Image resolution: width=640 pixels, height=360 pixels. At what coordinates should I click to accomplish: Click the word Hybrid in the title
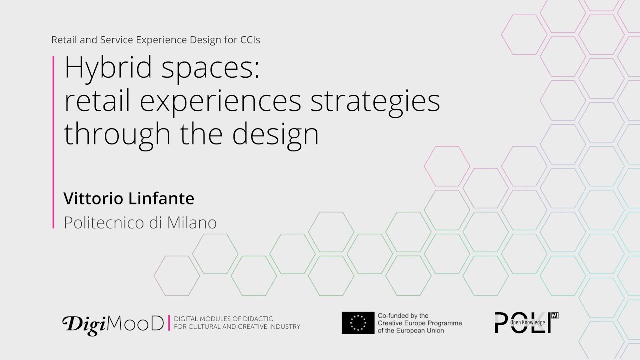click(x=108, y=69)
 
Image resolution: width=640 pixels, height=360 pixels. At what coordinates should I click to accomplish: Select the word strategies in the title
click(x=375, y=101)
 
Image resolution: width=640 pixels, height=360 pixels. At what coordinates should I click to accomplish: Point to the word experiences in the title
click(x=220, y=102)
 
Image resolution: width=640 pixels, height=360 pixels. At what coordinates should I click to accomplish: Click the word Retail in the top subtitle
click(x=63, y=40)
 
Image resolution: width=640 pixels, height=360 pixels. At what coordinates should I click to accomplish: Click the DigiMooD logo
click(x=113, y=324)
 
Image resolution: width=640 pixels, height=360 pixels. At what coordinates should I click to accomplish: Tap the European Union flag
click(x=358, y=323)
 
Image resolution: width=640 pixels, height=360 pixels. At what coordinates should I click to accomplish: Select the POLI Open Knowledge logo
click(x=526, y=323)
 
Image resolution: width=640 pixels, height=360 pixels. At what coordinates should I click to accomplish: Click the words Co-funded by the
click(x=403, y=316)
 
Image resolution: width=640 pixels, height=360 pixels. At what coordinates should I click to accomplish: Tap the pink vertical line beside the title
click(x=53, y=142)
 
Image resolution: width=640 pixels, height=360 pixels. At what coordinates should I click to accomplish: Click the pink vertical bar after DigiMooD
click(x=169, y=323)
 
